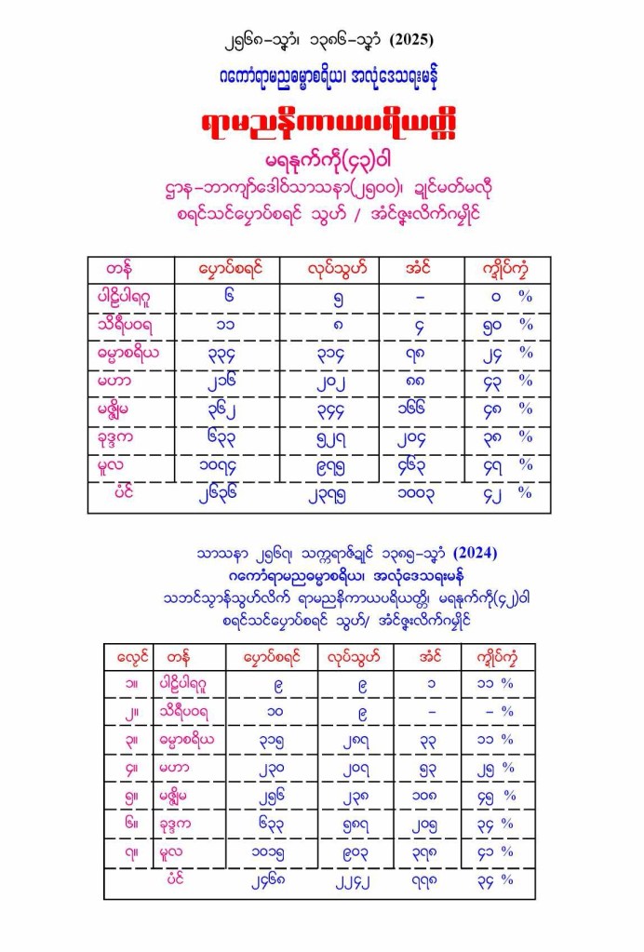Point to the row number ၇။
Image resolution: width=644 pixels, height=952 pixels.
click(127, 851)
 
